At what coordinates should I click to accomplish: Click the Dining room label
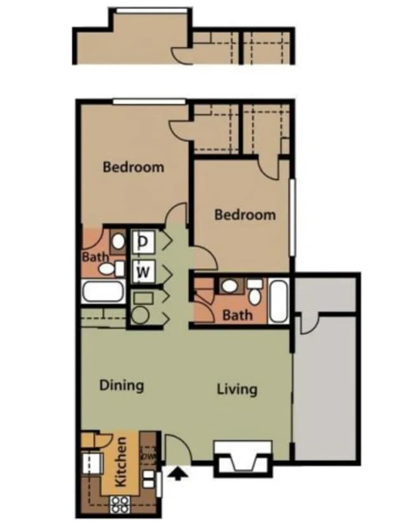(121, 385)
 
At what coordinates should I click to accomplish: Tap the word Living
(236, 388)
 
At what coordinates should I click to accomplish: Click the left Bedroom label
(133, 167)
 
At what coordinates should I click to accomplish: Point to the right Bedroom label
(245, 214)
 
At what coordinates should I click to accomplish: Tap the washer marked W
(144, 272)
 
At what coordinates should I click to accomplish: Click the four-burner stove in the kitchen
(119, 505)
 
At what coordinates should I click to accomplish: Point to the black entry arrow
(179, 473)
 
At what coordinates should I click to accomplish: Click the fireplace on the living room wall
(242, 459)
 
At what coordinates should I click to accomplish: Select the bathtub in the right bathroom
(278, 300)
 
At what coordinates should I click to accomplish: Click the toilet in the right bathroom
(255, 293)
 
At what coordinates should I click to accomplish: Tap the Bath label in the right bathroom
(237, 314)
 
